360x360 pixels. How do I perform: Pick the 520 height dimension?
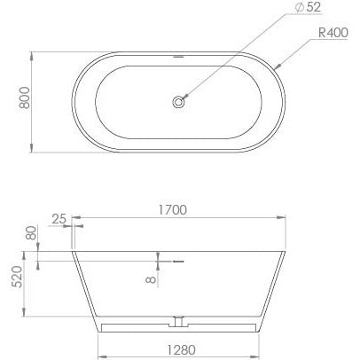[x=15, y=284]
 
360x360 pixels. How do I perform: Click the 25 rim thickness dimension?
[x=59, y=218]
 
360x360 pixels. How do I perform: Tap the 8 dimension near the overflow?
[x=152, y=278]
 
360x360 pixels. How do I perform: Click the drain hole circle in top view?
[x=181, y=103]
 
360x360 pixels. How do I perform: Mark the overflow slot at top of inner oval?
[x=181, y=61]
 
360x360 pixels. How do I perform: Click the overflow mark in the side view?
[x=177, y=261]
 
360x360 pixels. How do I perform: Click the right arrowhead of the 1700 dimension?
[x=283, y=218]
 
